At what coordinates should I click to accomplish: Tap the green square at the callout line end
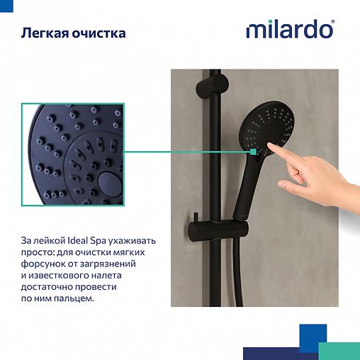pos(253,150)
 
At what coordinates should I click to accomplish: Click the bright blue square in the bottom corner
pos(313,337)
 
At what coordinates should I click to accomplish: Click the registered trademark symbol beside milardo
pos(333,23)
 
